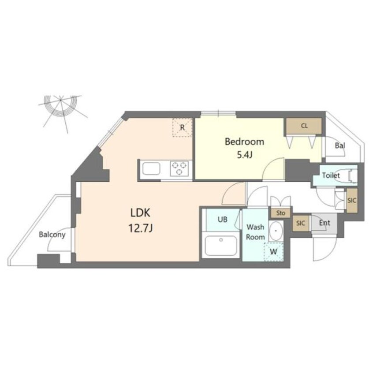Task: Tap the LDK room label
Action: [x=141, y=213]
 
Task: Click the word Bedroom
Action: [x=244, y=142]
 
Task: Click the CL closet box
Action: [x=304, y=126]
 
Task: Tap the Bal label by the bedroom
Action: [x=340, y=145]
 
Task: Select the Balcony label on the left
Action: [x=52, y=235]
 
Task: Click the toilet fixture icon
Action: [x=351, y=175]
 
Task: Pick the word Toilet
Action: [x=331, y=175]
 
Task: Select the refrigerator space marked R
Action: [x=182, y=127]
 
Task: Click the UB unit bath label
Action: [x=222, y=219]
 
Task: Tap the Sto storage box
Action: [x=280, y=213]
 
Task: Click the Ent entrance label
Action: [x=324, y=223]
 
